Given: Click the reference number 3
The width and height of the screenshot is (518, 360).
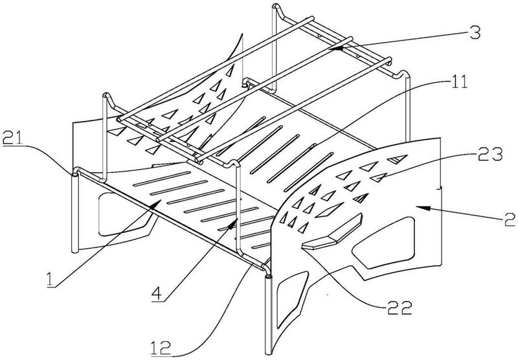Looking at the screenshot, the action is click(475, 33).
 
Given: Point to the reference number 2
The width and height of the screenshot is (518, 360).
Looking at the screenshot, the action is click(510, 219).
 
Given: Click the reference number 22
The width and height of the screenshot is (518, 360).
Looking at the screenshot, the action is click(400, 308).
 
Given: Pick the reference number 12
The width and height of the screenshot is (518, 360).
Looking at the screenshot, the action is click(161, 348).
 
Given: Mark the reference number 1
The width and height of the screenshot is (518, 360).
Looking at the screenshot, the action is click(50, 280).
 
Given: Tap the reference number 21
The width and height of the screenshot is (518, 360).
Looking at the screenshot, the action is click(12, 137).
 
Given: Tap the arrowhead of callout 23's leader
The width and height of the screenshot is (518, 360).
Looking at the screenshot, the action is click(377, 179).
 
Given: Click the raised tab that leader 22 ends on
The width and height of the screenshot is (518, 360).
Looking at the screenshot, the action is click(332, 232).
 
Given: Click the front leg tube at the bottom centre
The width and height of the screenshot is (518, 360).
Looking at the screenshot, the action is click(268, 315).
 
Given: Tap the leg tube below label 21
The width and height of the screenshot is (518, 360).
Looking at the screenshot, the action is click(75, 214).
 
